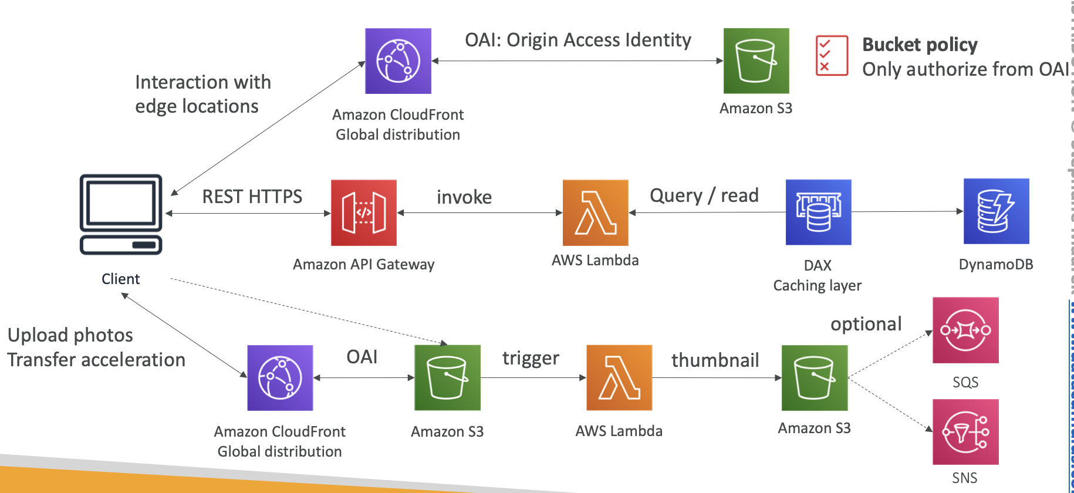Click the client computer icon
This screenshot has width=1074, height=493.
click(121, 214)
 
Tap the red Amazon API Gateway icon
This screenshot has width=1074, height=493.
click(364, 212)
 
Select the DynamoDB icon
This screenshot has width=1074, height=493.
click(996, 211)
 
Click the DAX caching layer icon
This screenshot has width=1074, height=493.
click(818, 212)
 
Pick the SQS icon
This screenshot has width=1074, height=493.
click(965, 330)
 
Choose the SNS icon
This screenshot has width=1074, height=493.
click(965, 432)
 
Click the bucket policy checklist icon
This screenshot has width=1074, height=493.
click(832, 56)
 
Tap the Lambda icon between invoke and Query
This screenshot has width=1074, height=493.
click(595, 212)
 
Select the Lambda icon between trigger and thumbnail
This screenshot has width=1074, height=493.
click(619, 377)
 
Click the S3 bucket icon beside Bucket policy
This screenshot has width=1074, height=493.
click(756, 61)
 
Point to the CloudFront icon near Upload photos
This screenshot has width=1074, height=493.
click(280, 378)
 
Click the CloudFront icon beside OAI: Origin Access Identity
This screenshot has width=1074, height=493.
click(398, 61)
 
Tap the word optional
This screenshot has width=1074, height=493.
click(866, 324)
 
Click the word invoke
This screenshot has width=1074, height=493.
click(464, 197)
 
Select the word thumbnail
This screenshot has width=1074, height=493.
click(715, 360)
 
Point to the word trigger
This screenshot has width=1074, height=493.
click(531, 358)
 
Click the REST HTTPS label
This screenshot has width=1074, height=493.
click(252, 197)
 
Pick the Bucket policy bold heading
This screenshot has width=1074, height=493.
click(920, 45)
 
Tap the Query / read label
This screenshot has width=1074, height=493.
click(704, 195)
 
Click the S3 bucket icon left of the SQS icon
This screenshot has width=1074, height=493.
click(815, 377)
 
